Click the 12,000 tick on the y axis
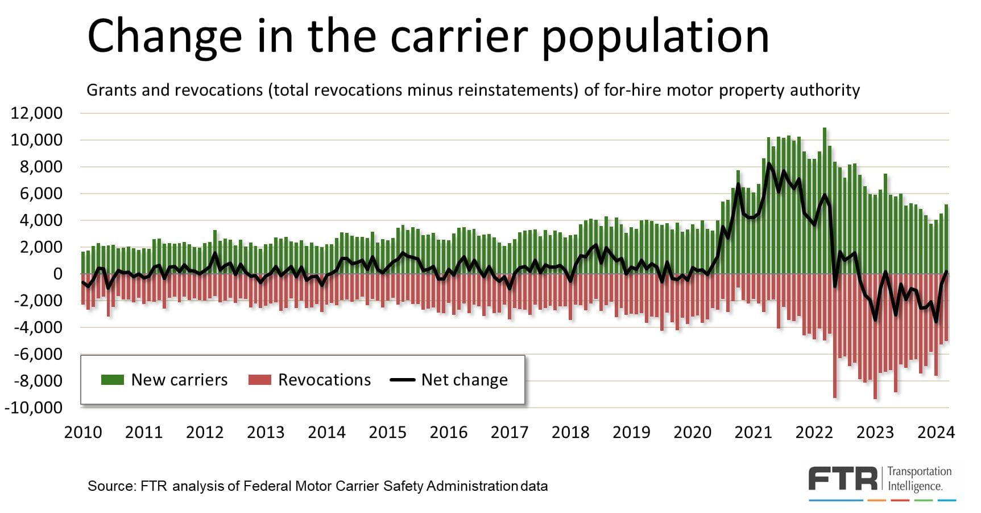36,113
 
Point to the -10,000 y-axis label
33,408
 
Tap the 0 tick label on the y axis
57,274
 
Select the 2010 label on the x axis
83,433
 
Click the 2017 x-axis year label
510,433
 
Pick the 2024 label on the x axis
936,433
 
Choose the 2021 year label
753,433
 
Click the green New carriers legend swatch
112,380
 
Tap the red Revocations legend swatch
259,380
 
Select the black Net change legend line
402,380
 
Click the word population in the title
655,36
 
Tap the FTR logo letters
843,479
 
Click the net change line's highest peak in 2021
769,164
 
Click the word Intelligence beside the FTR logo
915,486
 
